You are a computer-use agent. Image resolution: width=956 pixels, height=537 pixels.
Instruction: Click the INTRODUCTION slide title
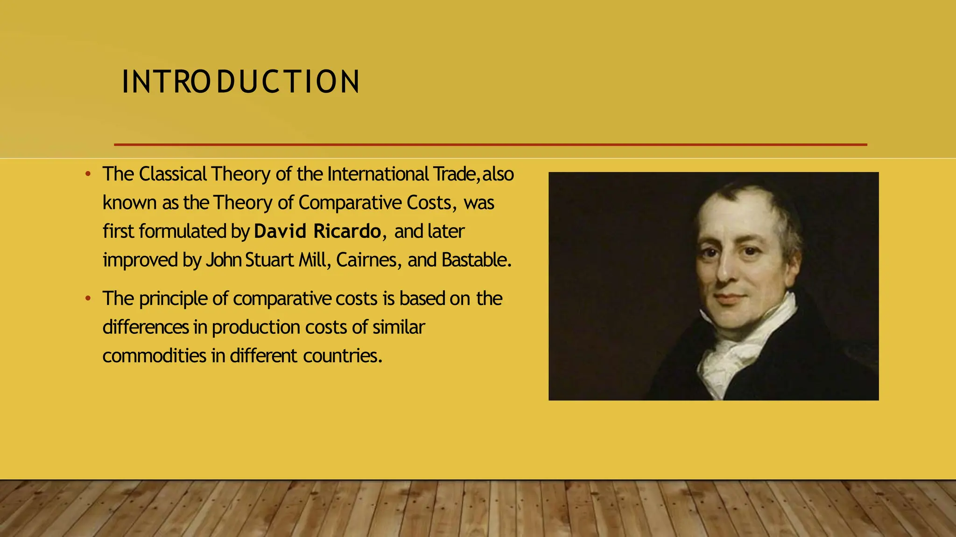[x=240, y=82]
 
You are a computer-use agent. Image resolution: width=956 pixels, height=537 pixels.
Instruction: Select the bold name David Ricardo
[x=317, y=231]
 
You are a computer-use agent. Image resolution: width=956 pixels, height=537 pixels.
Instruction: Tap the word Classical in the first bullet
[x=173, y=174]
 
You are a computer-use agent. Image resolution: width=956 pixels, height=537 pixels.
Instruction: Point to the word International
[x=378, y=174]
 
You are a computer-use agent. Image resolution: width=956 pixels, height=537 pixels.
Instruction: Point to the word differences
[x=146, y=327]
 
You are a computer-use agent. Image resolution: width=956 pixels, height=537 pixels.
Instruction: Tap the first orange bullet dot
[x=88, y=174]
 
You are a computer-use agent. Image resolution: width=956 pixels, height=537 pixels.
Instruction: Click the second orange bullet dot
[x=88, y=299]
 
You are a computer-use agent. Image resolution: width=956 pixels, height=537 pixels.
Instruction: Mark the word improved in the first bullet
[x=140, y=260]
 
